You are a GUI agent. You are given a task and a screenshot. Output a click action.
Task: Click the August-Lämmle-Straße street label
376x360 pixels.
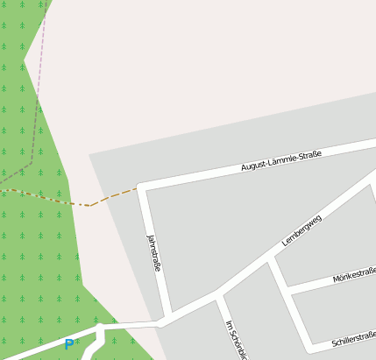pyautogui.click(x=281, y=160)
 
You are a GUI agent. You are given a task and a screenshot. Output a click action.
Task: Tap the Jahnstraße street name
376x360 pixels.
pyautogui.click(x=153, y=252)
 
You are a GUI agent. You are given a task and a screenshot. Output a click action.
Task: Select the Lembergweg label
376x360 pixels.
pyautogui.click(x=302, y=229)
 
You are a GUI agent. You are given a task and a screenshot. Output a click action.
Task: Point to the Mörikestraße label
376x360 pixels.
pyautogui.click(x=354, y=276)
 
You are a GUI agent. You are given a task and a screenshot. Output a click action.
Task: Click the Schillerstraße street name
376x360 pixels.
pyautogui.click(x=354, y=338)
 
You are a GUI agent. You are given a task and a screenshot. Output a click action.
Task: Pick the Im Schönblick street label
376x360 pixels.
pyautogui.click(x=235, y=340)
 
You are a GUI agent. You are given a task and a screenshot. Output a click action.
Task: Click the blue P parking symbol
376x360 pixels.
pyautogui.click(x=68, y=345)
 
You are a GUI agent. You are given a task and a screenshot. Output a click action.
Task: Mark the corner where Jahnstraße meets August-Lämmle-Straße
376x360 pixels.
pyautogui.click(x=141, y=187)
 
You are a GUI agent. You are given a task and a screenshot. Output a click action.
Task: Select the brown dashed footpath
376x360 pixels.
pyautogui.click(x=53, y=199)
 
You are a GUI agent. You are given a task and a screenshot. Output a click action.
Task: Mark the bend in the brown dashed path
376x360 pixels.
pyautogui.click(x=89, y=206)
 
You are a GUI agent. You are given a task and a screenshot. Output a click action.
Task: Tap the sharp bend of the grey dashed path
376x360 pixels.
pyautogui.click(x=32, y=162)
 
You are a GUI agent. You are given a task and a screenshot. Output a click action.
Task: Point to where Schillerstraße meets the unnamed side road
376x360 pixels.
pyautogui.click(x=308, y=347)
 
